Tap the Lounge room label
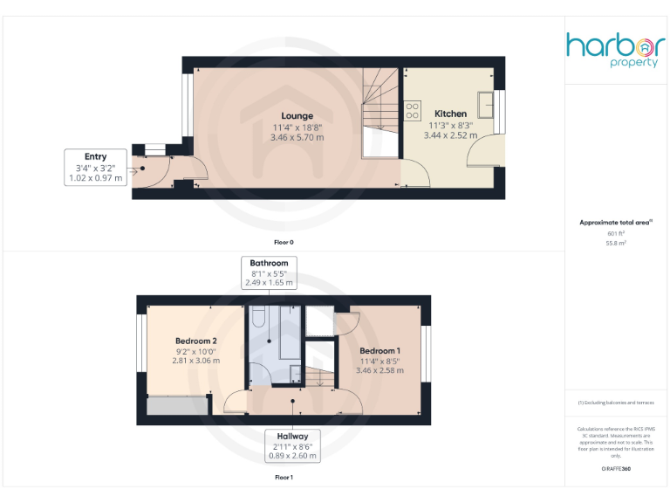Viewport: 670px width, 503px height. (297, 116)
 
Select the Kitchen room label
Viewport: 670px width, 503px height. (450, 114)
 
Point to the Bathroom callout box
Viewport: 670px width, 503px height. (269, 272)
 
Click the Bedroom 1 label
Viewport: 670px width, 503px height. (379, 351)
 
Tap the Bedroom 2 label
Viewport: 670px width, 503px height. (195, 341)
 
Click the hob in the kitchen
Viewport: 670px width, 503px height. (413, 112)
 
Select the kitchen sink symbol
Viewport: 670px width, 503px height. (486, 106)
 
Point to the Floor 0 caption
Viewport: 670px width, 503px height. (284, 241)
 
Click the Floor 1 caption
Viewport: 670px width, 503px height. (284, 478)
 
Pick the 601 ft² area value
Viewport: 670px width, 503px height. (616, 233)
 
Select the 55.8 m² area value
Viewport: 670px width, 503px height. (616, 243)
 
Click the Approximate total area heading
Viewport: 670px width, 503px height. (616, 223)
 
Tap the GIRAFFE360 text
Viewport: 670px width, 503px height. (616, 470)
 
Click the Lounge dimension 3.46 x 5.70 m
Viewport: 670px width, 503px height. (297, 137)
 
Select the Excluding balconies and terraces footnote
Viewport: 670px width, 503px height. (616, 403)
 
